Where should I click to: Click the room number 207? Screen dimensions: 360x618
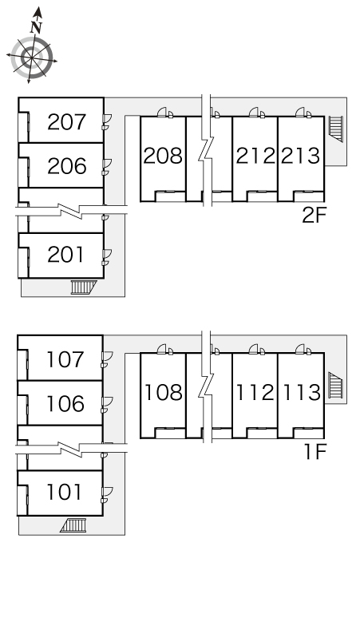click(x=66, y=122)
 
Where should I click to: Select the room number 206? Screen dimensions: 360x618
click(x=66, y=166)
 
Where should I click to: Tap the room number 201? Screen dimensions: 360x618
click(x=65, y=255)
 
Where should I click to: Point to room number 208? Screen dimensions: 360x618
click(x=163, y=156)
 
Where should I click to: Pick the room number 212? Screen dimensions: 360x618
click(x=255, y=156)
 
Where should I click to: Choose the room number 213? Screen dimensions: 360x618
click(x=300, y=156)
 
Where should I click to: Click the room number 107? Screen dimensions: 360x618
click(x=65, y=359)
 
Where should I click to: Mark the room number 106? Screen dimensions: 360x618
click(x=65, y=403)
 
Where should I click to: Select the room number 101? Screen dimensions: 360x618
click(x=64, y=493)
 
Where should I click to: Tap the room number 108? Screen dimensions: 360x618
click(x=164, y=393)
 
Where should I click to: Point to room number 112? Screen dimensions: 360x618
click(x=255, y=393)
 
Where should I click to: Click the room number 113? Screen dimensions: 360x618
click(x=301, y=393)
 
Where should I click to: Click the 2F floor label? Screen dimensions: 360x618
click(x=314, y=216)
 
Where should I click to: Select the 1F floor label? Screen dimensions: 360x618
click(x=315, y=452)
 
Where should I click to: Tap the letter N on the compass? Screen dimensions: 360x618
click(x=36, y=27)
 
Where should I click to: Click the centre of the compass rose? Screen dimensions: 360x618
click(x=31, y=58)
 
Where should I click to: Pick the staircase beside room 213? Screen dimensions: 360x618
click(x=336, y=129)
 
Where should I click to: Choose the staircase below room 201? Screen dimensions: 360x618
click(x=84, y=287)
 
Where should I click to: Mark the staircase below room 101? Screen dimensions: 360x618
click(x=73, y=525)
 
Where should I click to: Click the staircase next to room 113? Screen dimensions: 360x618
click(x=336, y=385)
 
